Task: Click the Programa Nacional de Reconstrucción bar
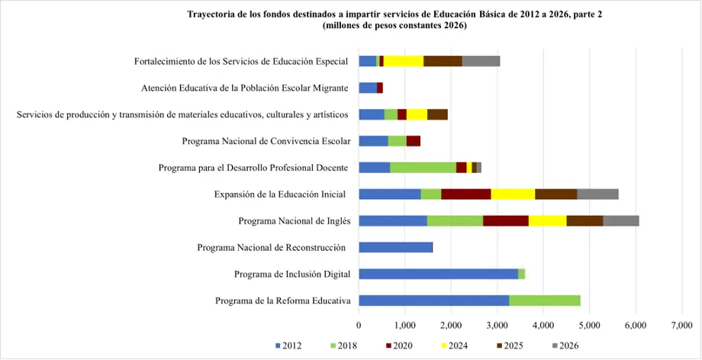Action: (395, 247)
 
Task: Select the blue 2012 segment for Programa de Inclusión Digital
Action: (438, 274)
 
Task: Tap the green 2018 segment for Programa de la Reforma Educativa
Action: (544, 301)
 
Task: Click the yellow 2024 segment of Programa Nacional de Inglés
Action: (547, 221)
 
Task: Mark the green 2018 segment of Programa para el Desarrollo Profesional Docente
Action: (423, 168)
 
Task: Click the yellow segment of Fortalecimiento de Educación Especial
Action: (403, 62)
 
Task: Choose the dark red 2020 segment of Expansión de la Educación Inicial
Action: (465, 194)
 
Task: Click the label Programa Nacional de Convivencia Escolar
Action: (266, 141)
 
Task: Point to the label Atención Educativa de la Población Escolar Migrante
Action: (245, 88)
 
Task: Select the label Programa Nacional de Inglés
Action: (294, 221)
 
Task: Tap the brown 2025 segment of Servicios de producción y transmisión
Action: (437, 114)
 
